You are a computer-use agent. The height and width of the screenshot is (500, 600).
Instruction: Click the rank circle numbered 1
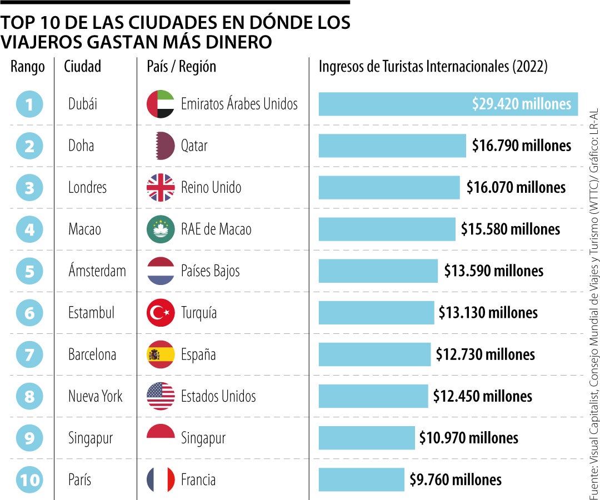pos(29,104)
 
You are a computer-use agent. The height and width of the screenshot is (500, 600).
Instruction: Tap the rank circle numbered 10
pos(29,479)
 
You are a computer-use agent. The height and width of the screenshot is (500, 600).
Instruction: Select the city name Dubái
pos(83,104)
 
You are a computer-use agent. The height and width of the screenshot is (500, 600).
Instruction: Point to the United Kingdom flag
pos(161,188)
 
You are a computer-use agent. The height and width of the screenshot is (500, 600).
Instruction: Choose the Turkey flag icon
pos(161,313)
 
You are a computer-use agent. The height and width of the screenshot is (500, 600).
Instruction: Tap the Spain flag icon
pos(161,354)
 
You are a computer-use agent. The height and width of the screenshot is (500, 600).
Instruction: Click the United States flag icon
pos(161,396)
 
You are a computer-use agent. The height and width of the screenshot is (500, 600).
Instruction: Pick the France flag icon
pos(161,479)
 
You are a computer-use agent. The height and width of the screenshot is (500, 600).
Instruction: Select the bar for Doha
pos(392,146)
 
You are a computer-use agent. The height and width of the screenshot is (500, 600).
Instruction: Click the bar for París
pos(361,479)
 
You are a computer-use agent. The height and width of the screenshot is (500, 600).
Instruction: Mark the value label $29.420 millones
pos(521,104)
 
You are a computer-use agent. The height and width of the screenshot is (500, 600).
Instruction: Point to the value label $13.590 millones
pos(493,271)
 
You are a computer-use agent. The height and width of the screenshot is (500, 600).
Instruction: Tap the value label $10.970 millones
pos(468,438)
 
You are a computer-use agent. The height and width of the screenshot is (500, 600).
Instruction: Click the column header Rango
pos(27,67)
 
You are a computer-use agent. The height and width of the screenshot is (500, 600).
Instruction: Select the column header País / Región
pos(181,67)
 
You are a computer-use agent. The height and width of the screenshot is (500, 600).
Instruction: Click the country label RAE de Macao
pos(216,229)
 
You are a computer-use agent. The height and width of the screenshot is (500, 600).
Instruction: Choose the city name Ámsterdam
pos(97,271)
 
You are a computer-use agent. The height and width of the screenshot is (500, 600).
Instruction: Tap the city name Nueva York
pos(95,396)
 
